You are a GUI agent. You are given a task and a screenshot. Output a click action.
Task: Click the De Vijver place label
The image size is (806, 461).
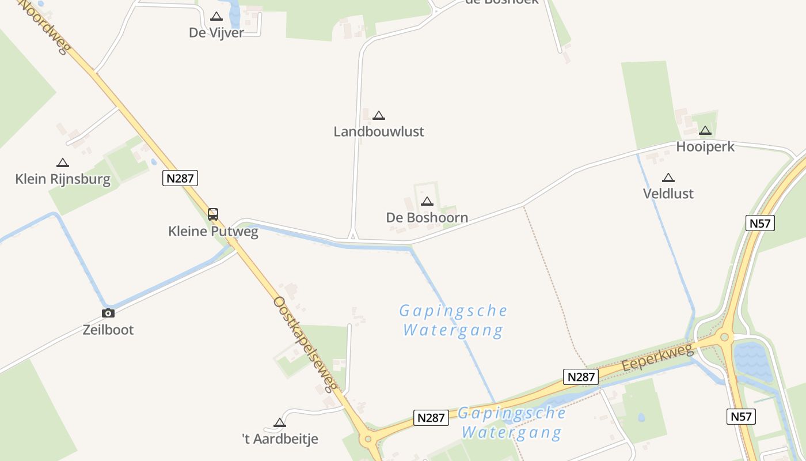pos(216,33)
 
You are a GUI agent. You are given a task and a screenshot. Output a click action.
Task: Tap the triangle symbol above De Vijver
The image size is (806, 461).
pos(216,17)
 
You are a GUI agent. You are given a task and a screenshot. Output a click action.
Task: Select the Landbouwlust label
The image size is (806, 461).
pos(379,131)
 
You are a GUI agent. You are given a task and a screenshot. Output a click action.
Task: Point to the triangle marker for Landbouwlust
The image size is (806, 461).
pos(379,115)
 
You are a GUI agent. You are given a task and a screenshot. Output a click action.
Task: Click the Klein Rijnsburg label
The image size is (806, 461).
pos(63,179)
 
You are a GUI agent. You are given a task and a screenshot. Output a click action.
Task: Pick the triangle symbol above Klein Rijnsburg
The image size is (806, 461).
pos(63,163)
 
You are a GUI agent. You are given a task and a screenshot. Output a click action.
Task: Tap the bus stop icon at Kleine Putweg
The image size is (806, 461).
pos(213,214)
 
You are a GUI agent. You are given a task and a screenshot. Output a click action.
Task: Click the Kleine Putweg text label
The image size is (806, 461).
pos(213,232)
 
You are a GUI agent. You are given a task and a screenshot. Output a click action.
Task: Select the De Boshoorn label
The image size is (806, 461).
pos(427,218)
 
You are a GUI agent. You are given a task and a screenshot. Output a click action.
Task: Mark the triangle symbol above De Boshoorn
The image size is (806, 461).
pos(427,201)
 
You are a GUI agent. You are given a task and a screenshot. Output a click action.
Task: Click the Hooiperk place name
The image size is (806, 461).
pos(705,147)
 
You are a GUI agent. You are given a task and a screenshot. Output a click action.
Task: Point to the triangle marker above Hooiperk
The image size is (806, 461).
pos(705,130)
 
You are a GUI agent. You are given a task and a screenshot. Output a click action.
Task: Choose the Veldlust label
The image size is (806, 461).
pos(668,194)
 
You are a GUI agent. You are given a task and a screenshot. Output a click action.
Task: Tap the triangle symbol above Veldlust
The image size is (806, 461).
pos(668,177)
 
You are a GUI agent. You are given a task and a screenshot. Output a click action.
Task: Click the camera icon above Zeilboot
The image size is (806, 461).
pos(108,313)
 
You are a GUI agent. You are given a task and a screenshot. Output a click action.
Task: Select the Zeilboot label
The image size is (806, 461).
pos(108,330)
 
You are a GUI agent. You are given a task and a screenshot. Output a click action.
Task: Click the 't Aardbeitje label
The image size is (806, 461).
pos(280,439)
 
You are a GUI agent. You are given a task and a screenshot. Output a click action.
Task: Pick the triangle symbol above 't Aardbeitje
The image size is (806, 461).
pos(280,422)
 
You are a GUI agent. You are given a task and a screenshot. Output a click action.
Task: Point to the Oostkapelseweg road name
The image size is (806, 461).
pos(305,343)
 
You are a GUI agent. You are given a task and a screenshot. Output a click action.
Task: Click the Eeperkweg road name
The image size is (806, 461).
pos(658,358)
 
